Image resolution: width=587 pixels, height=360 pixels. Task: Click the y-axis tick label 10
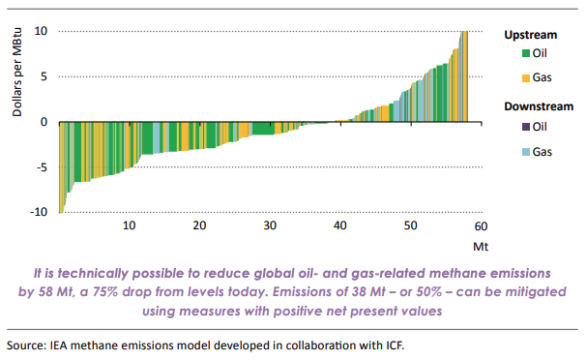(x=42, y=31)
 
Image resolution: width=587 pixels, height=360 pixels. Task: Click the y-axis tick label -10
(x=40, y=212)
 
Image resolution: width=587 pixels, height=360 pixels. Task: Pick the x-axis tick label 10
(x=130, y=225)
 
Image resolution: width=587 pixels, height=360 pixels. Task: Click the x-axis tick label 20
(x=199, y=225)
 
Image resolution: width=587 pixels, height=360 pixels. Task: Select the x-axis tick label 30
(x=270, y=225)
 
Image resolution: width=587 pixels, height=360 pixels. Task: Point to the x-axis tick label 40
(x=340, y=225)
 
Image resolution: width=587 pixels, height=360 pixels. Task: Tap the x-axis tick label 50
(x=411, y=225)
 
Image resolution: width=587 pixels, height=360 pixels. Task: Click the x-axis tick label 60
(x=481, y=225)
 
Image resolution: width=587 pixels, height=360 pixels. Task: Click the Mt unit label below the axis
(x=480, y=245)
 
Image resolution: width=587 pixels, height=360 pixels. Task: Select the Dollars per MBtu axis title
(x=17, y=78)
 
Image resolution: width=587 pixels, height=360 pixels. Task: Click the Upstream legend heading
(x=530, y=35)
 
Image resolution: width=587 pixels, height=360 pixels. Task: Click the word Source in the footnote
(x=26, y=345)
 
